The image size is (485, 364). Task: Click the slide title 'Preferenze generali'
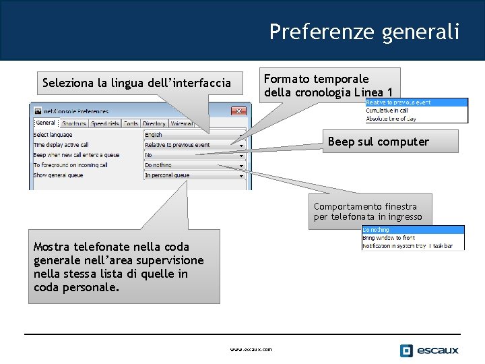tap(364, 32)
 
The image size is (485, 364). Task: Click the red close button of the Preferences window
tap(238, 111)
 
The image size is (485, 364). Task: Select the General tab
tap(46, 123)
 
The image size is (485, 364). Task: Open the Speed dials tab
tap(104, 124)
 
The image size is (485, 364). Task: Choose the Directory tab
tap(154, 124)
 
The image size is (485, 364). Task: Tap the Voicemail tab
tap(181, 124)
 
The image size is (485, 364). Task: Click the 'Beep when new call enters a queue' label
tap(76, 155)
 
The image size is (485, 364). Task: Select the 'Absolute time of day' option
tap(391, 119)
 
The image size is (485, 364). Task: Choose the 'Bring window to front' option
tap(389, 238)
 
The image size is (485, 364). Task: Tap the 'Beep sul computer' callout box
tap(378, 142)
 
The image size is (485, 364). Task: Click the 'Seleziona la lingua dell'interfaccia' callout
tap(136, 84)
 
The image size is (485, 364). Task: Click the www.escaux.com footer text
tap(251, 350)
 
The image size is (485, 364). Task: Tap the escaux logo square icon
tap(406, 351)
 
